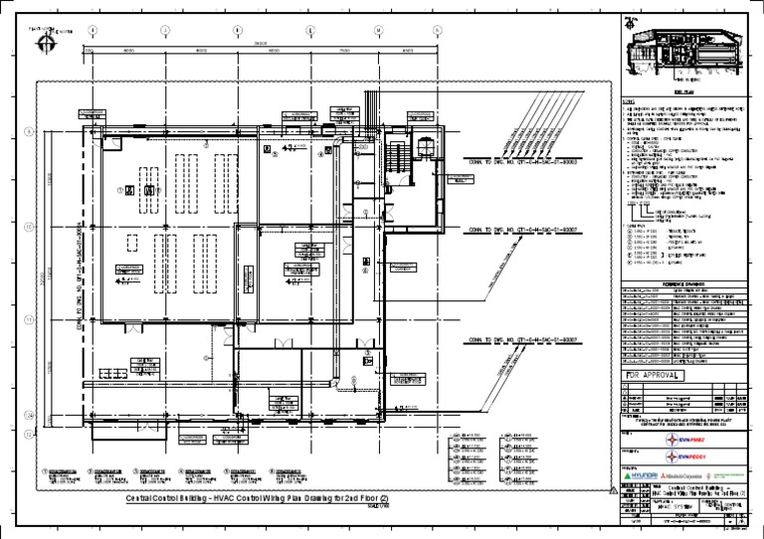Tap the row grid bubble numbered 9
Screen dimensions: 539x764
(29, 132)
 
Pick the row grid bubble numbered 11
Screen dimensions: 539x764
(29, 319)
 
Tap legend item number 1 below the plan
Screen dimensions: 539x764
(46, 470)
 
